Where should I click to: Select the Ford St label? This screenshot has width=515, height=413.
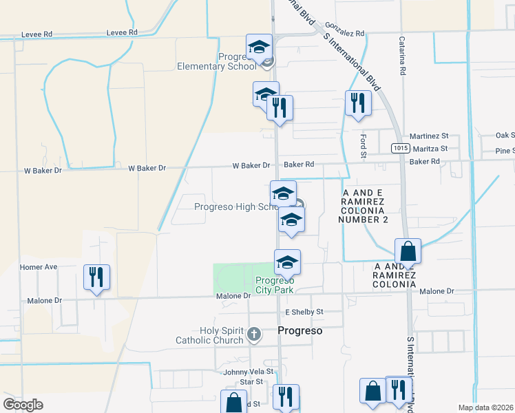pos(363,144)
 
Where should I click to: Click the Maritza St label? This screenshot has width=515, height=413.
pos(430,148)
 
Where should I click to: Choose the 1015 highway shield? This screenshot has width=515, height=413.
pos(401,148)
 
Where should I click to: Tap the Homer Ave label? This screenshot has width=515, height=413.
pos(39,267)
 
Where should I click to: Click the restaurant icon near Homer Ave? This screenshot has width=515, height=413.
pos(96,277)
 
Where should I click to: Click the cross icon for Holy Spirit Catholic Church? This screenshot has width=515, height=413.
pos(254,335)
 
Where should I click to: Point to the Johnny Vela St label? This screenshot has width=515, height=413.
pos(244,372)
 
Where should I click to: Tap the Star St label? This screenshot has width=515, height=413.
pos(251,381)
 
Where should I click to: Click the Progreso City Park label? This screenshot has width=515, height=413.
pos(275,285)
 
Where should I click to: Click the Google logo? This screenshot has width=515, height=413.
pos(23,404)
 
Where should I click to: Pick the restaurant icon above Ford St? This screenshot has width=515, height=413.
pos(358,103)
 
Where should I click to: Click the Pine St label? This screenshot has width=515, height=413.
pos(505,151)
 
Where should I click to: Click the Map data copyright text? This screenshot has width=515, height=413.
pos(486,407)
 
